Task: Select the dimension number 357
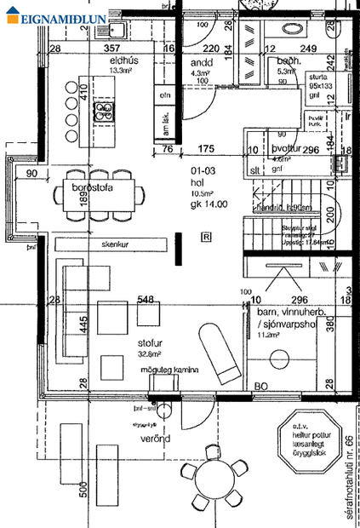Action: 111,49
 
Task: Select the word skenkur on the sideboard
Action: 117,244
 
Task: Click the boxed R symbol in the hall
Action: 205,237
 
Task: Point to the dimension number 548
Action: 146,300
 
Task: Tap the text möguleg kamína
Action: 170,370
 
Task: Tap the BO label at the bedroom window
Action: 262,387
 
